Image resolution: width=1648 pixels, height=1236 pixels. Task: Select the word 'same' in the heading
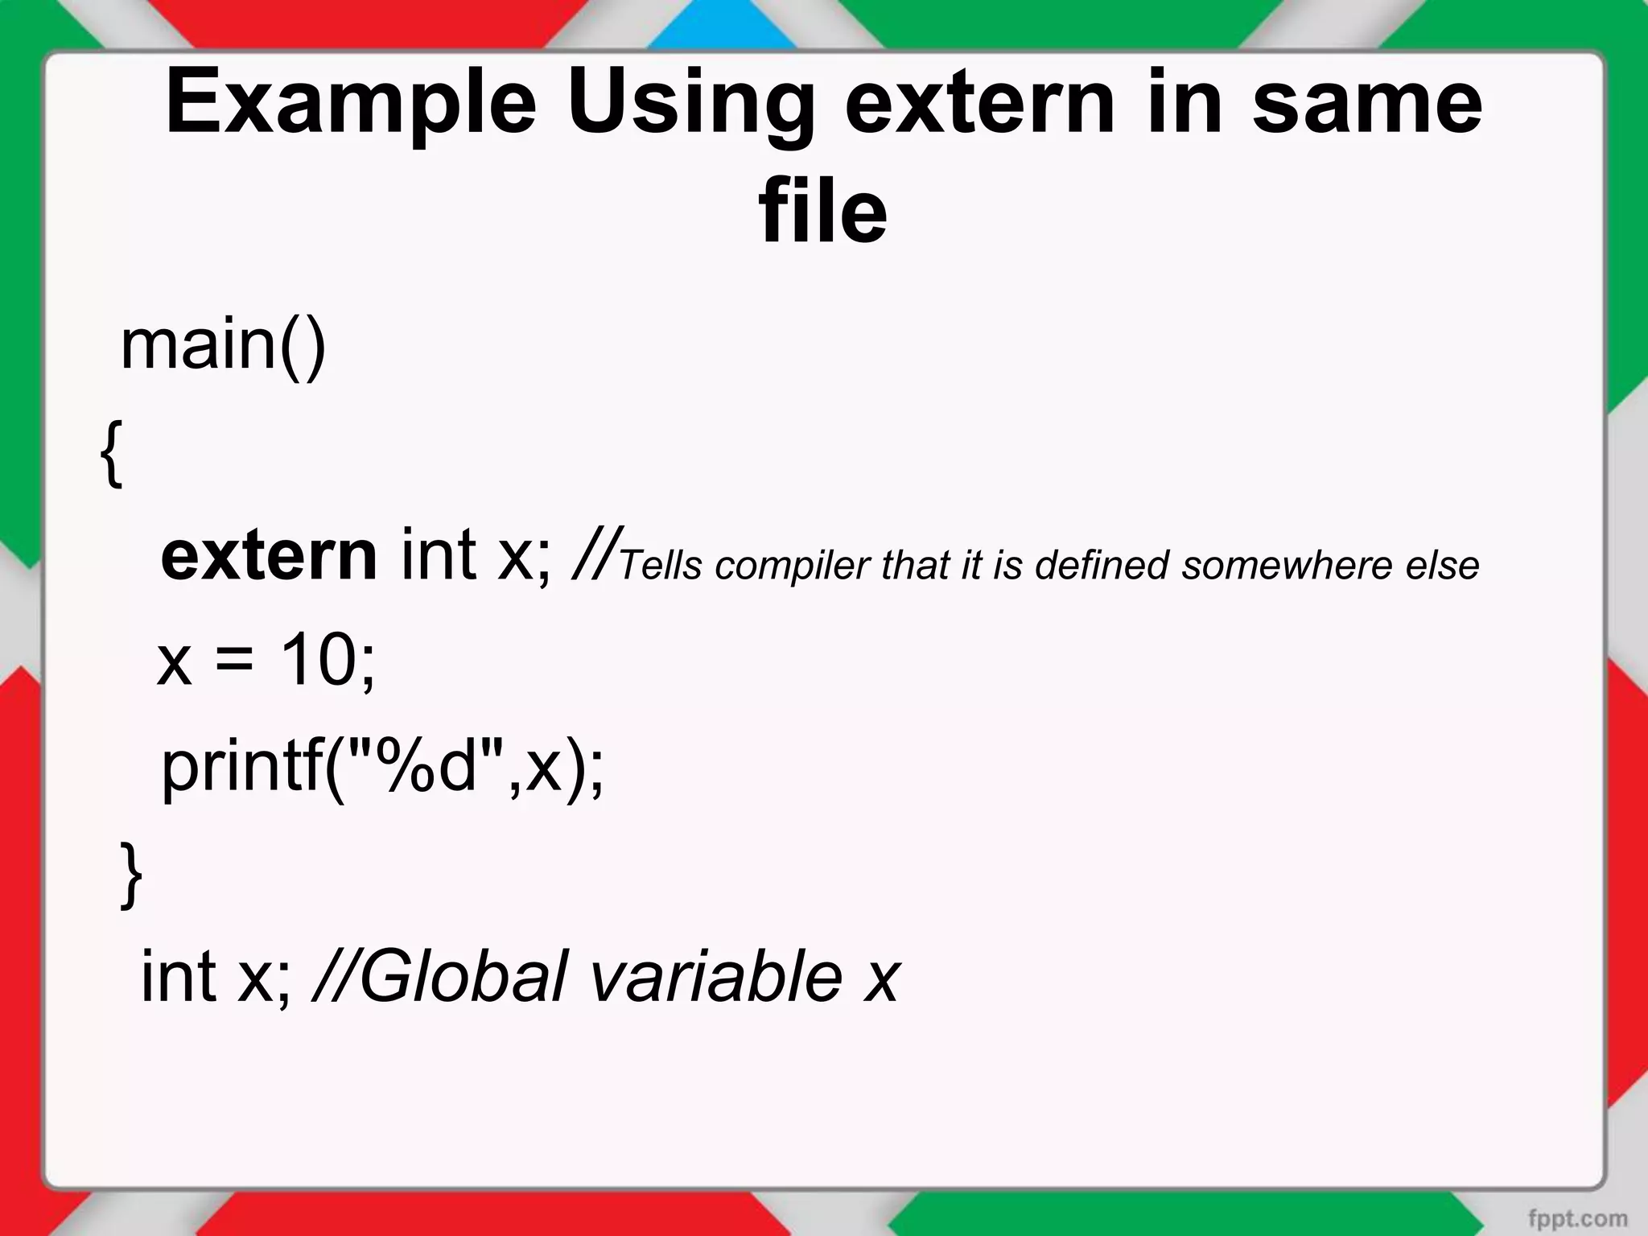pyautogui.click(x=1367, y=103)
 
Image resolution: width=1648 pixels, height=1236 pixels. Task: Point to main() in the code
pyautogui.click(x=223, y=346)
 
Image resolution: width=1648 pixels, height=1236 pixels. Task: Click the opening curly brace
pyautogui.click(x=113, y=452)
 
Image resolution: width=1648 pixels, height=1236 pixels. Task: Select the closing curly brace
pyautogui.click(x=131, y=875)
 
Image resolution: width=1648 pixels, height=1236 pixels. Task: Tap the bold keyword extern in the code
pyautogui.click(x=269, y=557)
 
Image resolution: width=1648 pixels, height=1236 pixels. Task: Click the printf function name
pyautogui.click(x=241, y=768)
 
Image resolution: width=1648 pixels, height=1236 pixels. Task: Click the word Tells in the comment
pyautogui.click(x=661, y=566)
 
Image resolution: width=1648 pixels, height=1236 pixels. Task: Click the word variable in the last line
pyautogui.click(x=716, y=977)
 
